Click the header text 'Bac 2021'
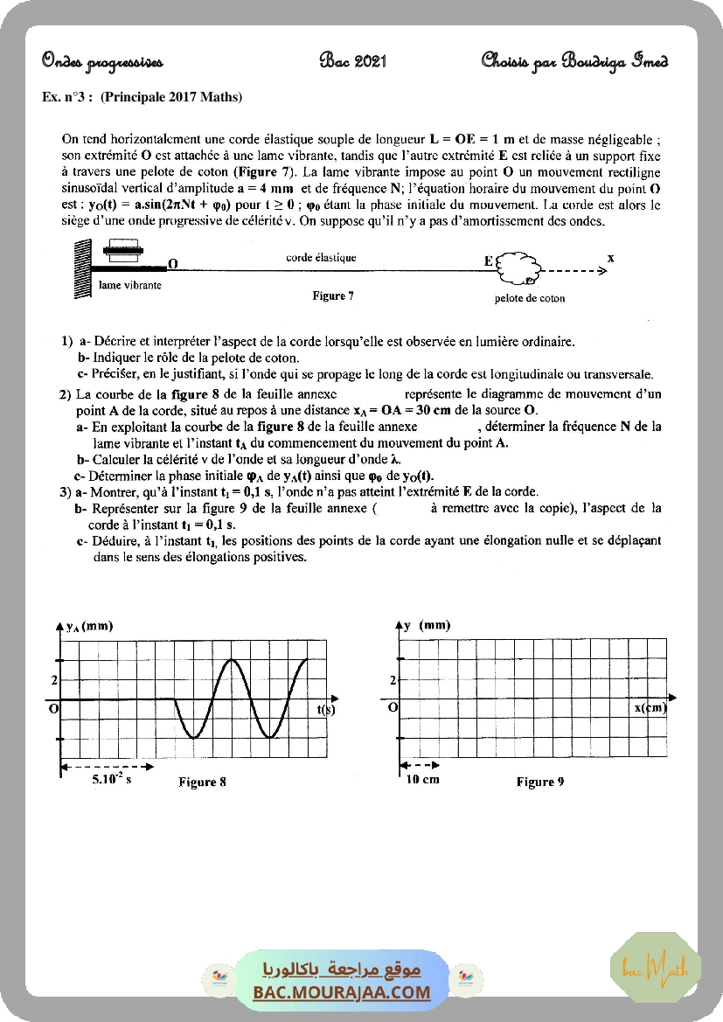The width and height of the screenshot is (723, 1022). tap(353, 61)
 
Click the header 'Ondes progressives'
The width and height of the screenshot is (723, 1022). tap(101, 61)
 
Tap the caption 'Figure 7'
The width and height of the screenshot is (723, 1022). tap(333, 296)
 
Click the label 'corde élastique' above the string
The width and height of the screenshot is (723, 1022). tap(321, 258)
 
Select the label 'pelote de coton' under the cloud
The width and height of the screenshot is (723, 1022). tap(530, 298)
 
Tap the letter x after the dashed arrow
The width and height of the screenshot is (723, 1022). tap(610, 258)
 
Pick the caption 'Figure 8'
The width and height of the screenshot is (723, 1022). tap(202, 782)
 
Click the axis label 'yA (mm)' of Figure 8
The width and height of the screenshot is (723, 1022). tap(90, 626)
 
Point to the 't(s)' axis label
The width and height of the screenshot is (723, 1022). tap(325, 709)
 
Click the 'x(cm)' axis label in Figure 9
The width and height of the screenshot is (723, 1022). tap(650, 708)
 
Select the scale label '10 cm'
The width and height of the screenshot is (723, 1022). tap(423, 780)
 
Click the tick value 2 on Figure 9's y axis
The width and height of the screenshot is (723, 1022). tap(393, 680)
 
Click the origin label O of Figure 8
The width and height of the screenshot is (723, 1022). tap(52, 709)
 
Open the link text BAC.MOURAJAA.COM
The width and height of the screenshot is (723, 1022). tap(342, 992)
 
